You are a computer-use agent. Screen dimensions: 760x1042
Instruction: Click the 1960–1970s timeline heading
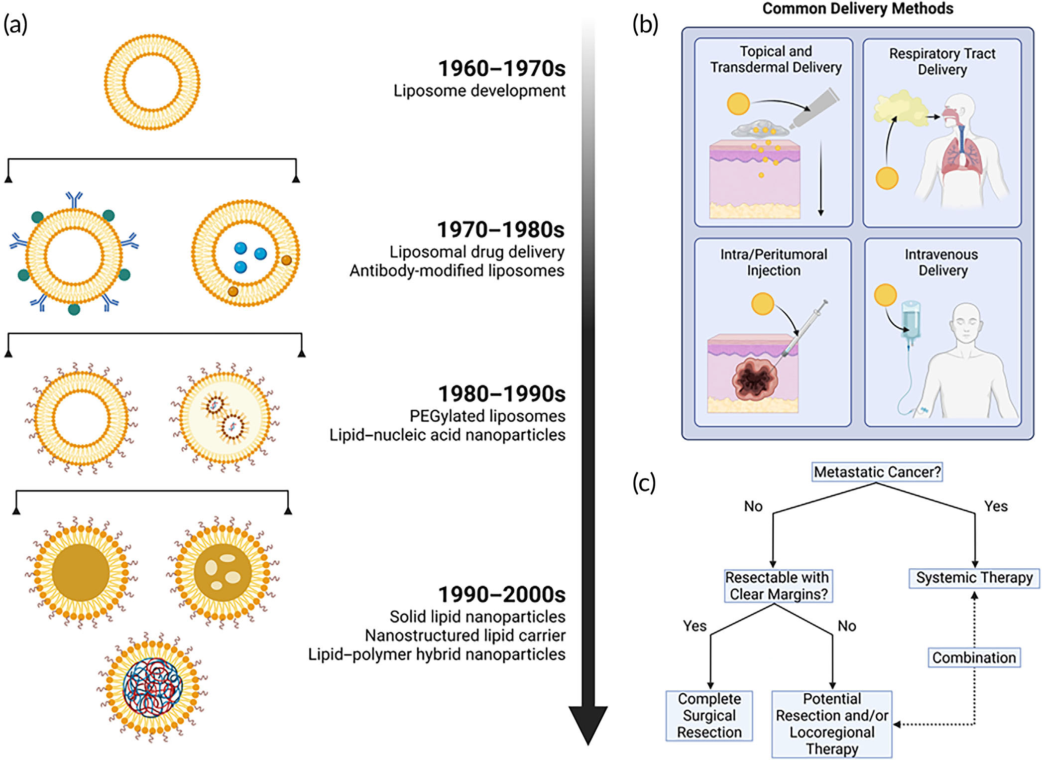[x=501, y=69]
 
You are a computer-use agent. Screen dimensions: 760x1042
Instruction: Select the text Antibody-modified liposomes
[x=457, y=271]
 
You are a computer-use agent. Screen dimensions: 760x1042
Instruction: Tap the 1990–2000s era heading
[x=501, y=595]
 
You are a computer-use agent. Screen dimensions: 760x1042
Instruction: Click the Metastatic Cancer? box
[x=877, y=472]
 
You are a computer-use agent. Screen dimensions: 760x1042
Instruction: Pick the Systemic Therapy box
[x=974, y=578]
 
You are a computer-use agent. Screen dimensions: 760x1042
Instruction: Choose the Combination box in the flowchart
[x=974, y=657]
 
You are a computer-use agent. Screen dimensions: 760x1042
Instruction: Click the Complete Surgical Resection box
[x=709, y=715]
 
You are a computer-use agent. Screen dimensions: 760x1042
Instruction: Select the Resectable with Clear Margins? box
[x=777, y=586]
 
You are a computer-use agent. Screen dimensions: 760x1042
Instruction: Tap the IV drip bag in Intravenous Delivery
[x=911, y=319]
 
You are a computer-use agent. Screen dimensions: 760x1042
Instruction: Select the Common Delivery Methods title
[x=858, y=8]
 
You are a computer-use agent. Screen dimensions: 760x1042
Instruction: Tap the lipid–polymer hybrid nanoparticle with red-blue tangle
[x=152, y=687]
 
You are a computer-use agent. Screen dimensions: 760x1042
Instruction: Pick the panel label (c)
[x=644, y=483]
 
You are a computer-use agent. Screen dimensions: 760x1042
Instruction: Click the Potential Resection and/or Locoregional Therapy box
[x=831, y=724]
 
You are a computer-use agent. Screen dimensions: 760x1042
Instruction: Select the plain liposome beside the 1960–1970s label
[x=152, y=82]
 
